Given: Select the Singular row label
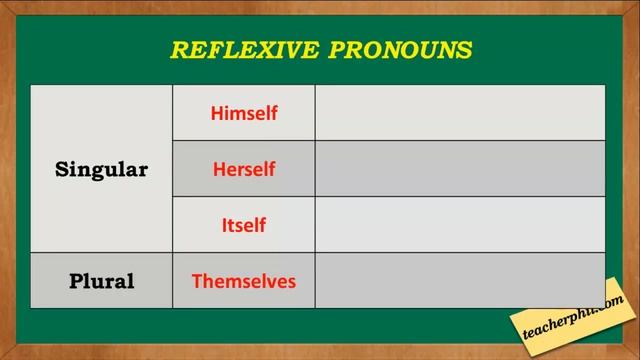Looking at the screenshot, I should pyautogui.click(x=101, y=170).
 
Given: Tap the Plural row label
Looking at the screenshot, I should pyautogui.click(x=101, y=281).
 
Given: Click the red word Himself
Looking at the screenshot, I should pyautogui.click(x=244, y=114).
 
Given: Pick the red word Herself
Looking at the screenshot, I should pyautogui.click(x=244, y=169).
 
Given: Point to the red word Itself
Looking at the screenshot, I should pyautogui.click(x=244, y=225).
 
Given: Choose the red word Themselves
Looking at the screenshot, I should pyautogui.click(x=244, y=281).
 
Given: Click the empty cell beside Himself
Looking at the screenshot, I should pyautogui.click(x=460, y=113).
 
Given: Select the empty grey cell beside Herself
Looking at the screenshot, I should pyautogui.click(x=460, y=169).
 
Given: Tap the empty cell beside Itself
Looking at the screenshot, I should pyautogui.click(x=460, y=225).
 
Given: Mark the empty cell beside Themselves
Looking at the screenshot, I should pyautogui.click(x=460, y=280).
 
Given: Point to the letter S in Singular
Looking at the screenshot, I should pyautogui.click(x=61, y=170).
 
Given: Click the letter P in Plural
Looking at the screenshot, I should pyautogui.click(x=75, y=281).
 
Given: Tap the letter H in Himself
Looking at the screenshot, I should pyautogui.click(x=216, y=114).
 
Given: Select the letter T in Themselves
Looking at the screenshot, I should pyautogui.click(x=196, y=281).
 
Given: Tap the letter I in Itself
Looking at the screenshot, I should pyautogui.click(x=224, y=225).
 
